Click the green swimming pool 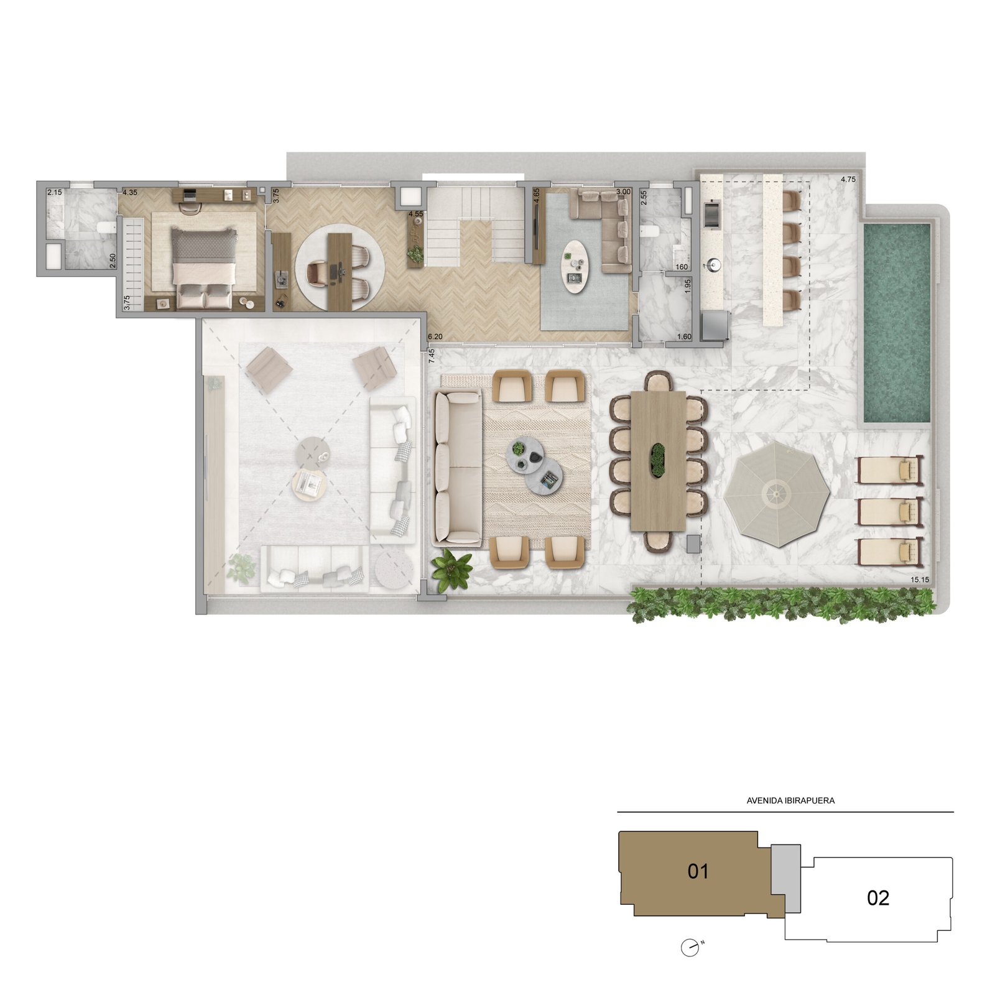(896, 322)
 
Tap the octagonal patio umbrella (777, 494)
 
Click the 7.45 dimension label (432, 359)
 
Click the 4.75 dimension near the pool (848, 179)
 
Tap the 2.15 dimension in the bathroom (55, 193)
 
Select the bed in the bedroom (204, 268)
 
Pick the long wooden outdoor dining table (658, 461)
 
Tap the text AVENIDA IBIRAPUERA (790, 800)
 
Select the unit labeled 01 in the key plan (698, 871)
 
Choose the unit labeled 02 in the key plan (878, 897)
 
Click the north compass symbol (690, 948)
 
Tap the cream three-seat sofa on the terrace (458, 467)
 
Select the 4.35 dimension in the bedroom (131, 193)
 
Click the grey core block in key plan (785, 879)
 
